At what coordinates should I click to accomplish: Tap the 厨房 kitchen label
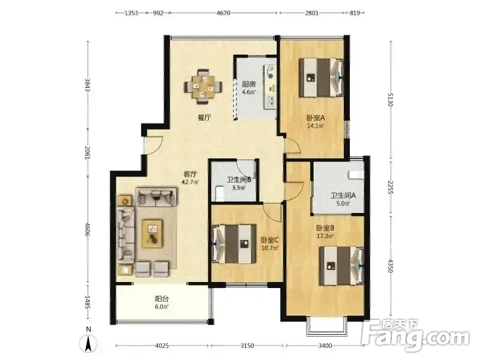coord(248,84)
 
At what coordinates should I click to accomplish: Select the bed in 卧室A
coord(321,78)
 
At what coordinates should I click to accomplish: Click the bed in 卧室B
coord(341,266)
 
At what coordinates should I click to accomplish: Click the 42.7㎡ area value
coord(190,182)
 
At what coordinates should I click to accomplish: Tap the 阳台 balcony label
coord(161,299)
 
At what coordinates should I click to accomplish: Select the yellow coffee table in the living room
coord(152,233)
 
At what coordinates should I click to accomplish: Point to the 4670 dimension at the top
coord(223,13)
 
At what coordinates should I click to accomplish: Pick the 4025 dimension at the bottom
coord(162,346)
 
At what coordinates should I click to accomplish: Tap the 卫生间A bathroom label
coord(343,196)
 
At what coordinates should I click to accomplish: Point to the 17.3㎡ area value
coord(325,236)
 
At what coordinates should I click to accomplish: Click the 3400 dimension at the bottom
coord(325,346)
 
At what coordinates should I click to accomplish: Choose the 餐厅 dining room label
coord(205,117)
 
